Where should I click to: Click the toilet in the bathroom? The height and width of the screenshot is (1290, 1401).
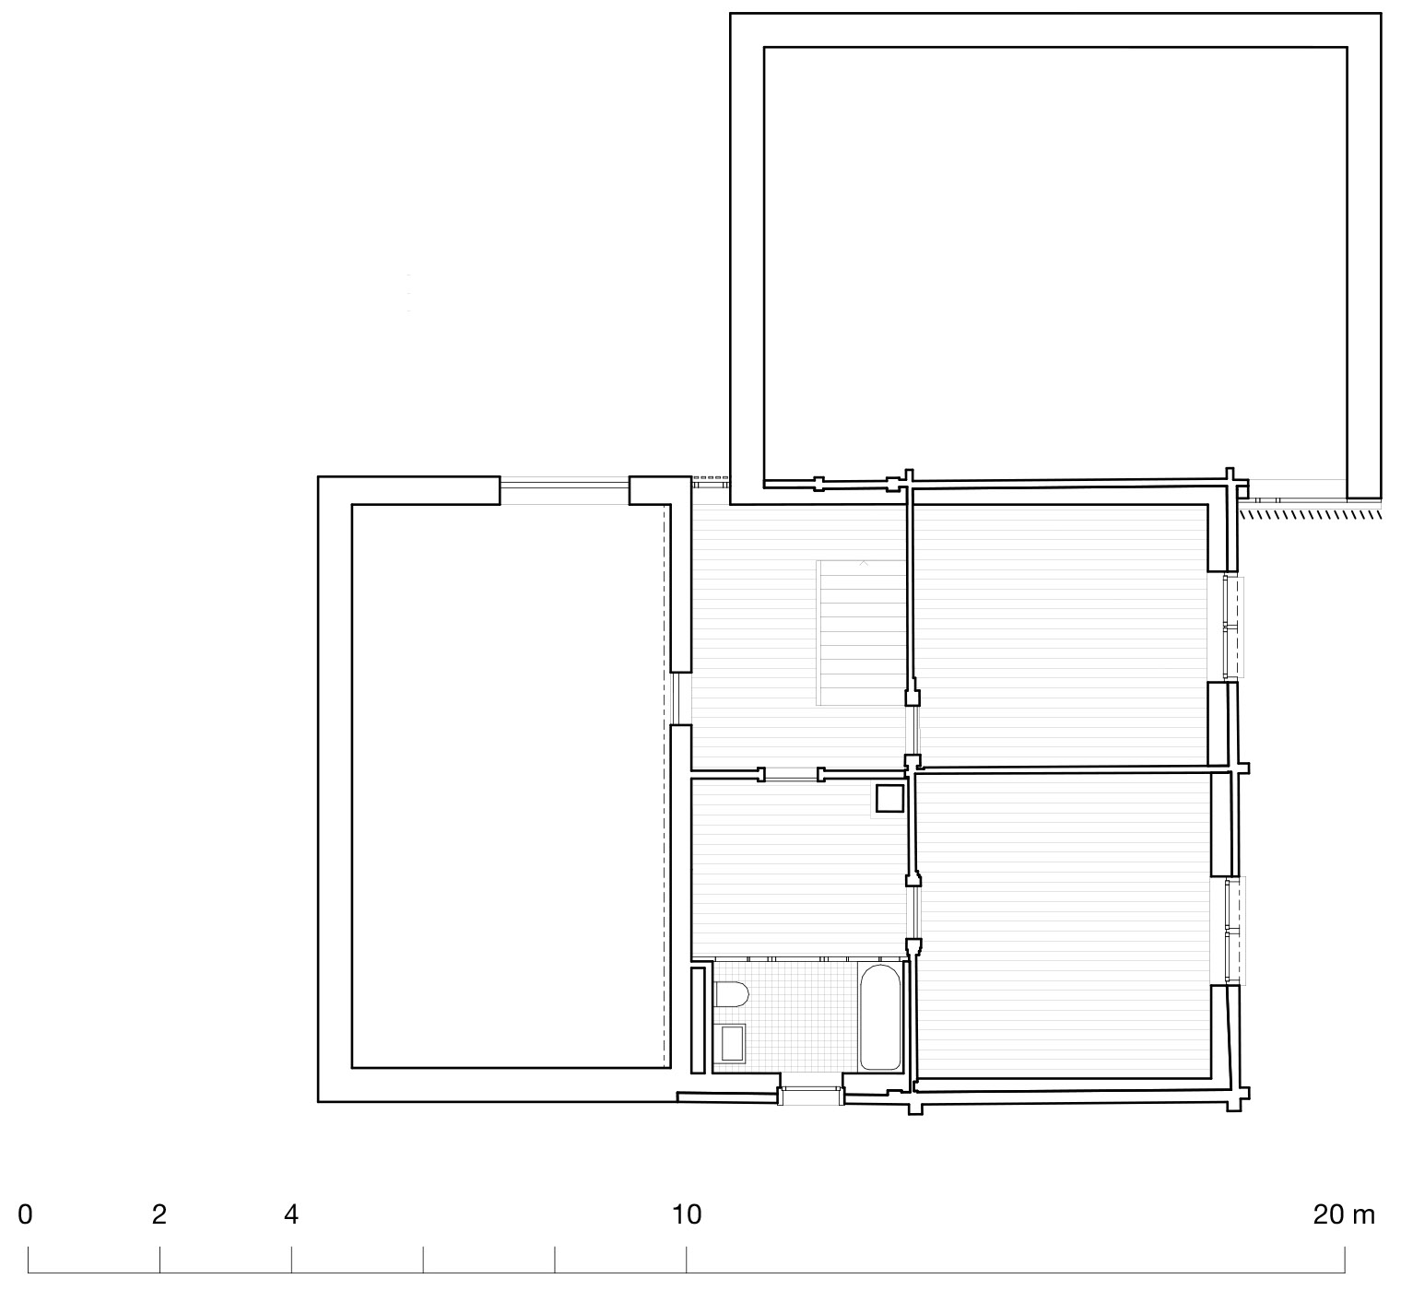point(731,996)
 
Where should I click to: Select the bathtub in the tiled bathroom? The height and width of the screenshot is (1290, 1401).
point(881,1017)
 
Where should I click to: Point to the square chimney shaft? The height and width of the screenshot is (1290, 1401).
point(889,798)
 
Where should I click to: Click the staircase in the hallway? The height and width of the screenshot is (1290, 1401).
point(862,632)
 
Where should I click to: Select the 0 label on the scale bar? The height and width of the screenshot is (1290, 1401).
point(25,1215)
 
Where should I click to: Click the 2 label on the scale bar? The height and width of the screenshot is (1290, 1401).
point(159,1215)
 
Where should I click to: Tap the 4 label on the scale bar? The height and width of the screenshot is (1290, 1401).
point(291,1215)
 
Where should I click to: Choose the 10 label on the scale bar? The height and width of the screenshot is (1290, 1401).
point(686,1215)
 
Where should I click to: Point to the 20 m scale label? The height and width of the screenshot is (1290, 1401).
point(1343,1215)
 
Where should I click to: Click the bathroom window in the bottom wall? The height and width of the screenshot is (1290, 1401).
point(810,1096)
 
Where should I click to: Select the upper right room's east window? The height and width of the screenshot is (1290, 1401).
point(1231,627)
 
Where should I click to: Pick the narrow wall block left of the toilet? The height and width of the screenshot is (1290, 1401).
point(699,1019)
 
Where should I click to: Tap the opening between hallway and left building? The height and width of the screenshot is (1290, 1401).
point(680,699)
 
